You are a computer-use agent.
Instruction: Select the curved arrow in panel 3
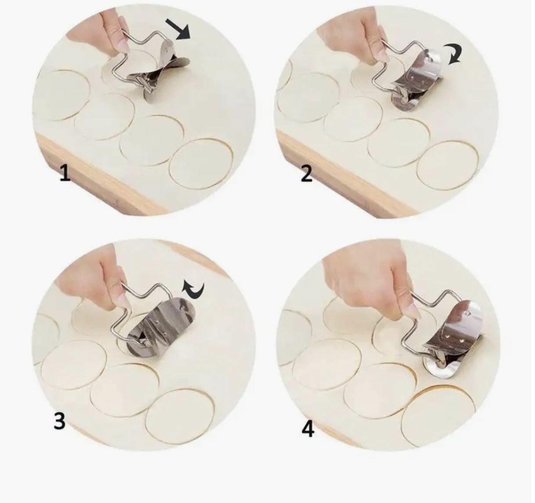[193, 289]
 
